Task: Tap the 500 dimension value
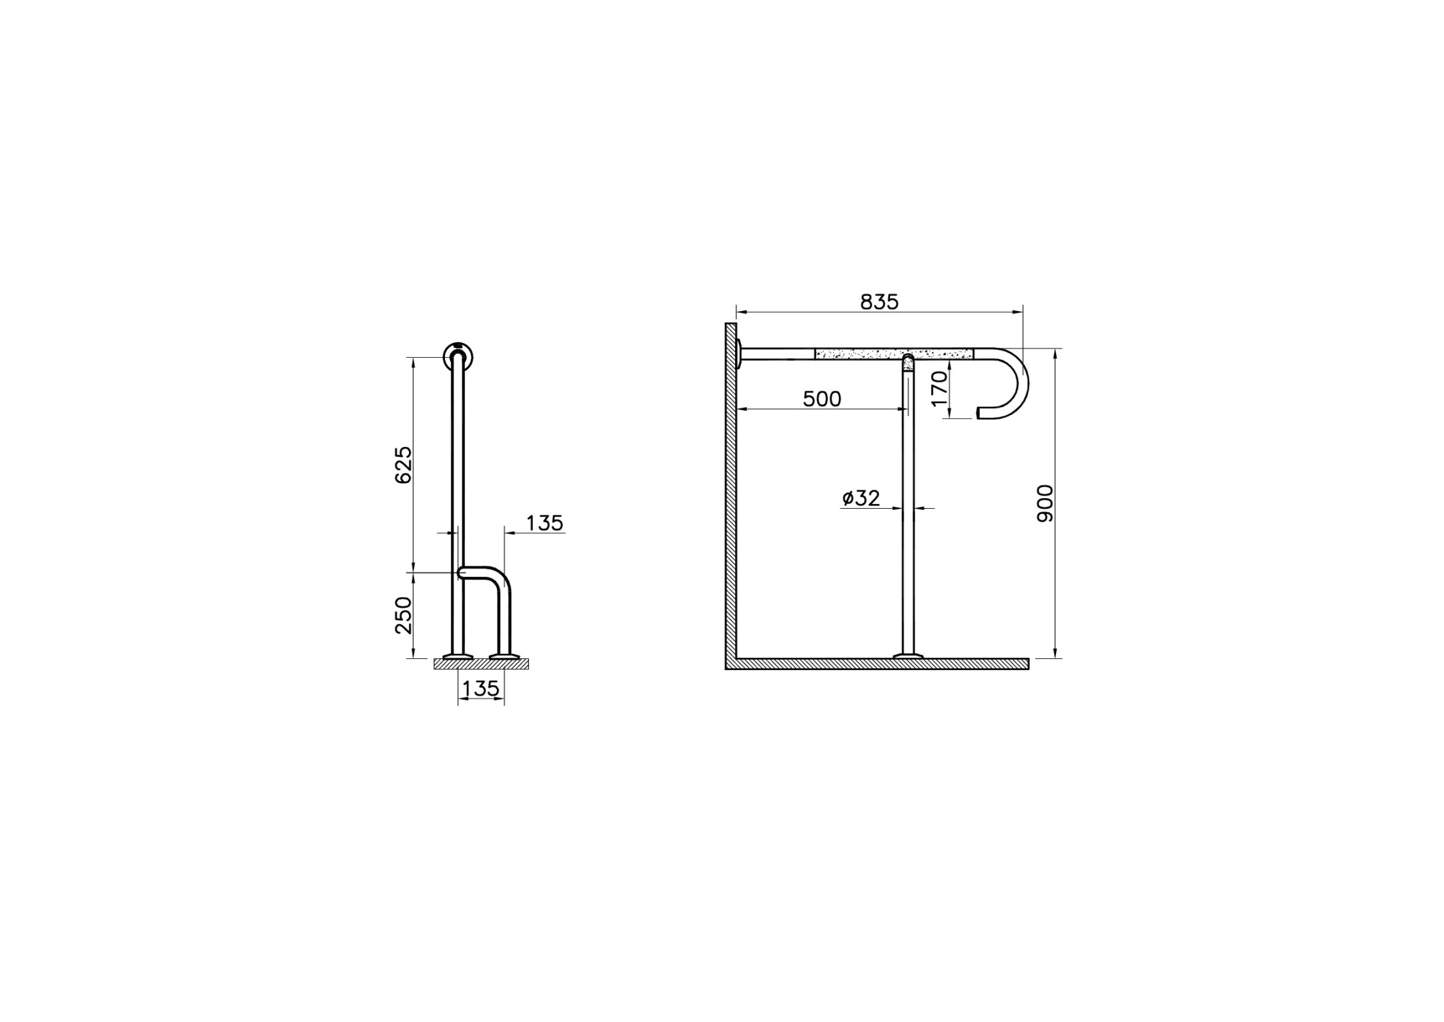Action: click(x=822, y=398)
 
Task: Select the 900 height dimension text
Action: click(x=1044, y=503)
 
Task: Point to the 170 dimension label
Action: click(x=940, y=388)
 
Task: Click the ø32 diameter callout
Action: click(x=861, y=498)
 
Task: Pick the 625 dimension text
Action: click(x=404, y=465)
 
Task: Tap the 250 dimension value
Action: click(x=404, y=615)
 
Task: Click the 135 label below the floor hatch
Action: click(x=481, y=689)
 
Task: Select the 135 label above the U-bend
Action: click(x=545, y=523)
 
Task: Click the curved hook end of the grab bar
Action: click(x=1022, y=384)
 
